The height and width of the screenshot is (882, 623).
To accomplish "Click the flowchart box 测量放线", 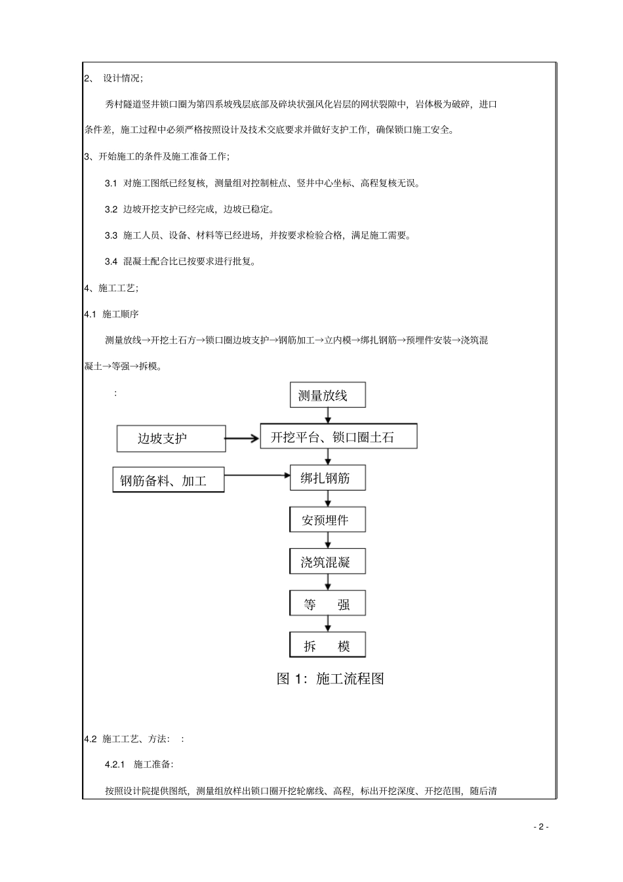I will [328, 395].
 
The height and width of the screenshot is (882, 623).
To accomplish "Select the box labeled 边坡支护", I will [171, 438].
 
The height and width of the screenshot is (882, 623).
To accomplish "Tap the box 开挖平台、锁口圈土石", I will [338, 437].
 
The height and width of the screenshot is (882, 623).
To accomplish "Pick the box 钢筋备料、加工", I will [169, 480].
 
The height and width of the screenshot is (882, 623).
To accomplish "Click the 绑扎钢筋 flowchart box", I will [327, 479].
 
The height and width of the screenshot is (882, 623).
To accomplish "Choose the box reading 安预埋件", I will [327, 520].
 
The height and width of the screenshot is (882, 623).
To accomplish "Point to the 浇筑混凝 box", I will [327, 562].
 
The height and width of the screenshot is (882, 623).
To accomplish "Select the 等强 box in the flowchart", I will [327, 604].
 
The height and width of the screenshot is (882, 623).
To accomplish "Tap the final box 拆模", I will [327, 645].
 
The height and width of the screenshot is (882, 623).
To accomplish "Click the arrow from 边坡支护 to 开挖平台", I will [243, 438].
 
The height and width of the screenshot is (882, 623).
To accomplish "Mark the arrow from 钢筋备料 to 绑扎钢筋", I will [257, 475].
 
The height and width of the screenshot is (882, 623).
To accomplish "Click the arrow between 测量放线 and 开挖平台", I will [328, 415].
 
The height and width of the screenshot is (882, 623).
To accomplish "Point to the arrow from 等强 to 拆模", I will [328, 624].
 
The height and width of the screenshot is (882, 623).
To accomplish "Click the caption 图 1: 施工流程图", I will [330, 679].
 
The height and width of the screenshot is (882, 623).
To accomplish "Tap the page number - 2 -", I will [540, 827].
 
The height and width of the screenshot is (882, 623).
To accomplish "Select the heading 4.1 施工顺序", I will [111, 314].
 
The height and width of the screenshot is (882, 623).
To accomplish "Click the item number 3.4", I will [111, 262].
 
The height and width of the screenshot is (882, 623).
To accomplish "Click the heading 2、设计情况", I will [113, 78].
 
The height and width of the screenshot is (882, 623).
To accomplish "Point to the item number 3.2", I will [111, 209].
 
